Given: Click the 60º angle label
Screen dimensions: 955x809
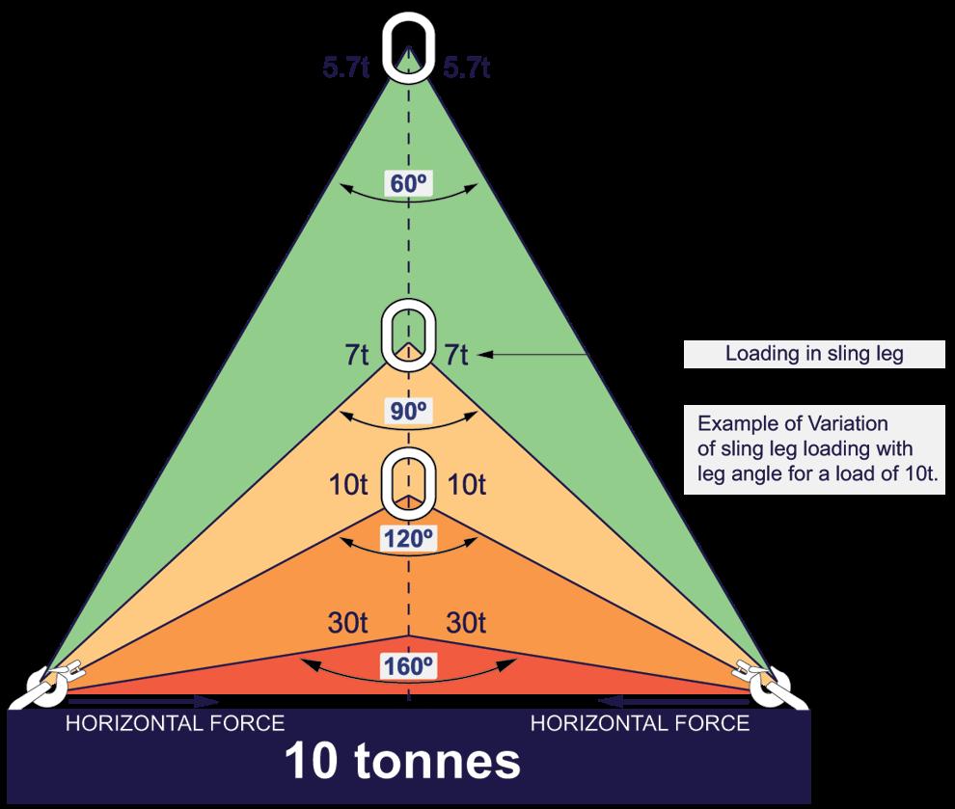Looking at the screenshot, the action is (x=407, y=183).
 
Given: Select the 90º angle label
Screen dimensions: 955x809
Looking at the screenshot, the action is (x=409, y=411).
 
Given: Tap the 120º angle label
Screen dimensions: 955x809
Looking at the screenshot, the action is (x=409, y=537).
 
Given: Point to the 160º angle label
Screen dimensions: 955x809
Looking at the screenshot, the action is (x=409, y=665).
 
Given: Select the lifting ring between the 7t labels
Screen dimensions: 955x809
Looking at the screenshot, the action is (x=409, y=335).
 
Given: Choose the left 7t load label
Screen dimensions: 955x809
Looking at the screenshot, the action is (x=356, y=355).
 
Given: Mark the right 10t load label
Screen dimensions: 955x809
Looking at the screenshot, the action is (x=468, y=485).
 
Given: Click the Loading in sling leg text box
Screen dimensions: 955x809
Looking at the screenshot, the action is (x=813, y=354).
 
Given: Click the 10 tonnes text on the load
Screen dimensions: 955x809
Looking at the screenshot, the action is (x=402, y=761).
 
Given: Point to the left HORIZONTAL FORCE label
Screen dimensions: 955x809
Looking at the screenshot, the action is (x=175, y=723).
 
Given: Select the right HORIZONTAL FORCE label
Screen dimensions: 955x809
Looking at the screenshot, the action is (x=641, y=723).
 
